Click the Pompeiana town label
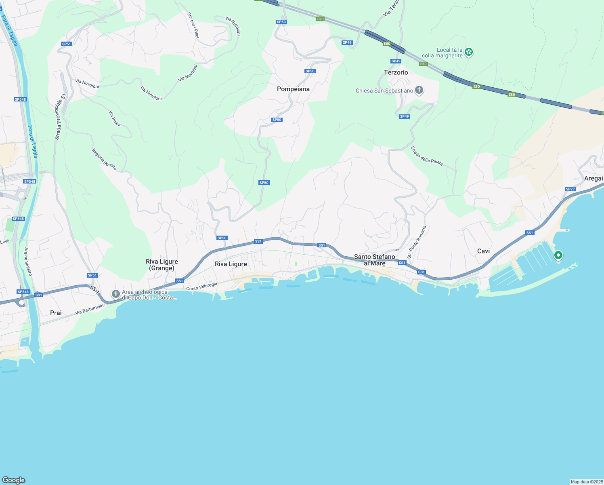(293, 89)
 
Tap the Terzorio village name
(396, 72)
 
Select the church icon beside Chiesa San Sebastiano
(419, 90)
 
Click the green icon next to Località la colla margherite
(468, 52)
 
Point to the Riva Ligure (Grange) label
(161, 265)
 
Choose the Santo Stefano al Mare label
(374, 260)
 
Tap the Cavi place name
(483, 251)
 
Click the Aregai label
(593, 178)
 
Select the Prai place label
(56, 313)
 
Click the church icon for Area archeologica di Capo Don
(116, 294)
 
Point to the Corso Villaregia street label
(202, 286)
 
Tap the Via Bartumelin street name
(89, 309)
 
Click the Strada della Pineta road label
(427, 156)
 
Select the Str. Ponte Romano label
(417, 242)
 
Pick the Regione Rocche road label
(104, 159)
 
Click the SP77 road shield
(570, 189)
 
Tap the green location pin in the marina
(558, 255)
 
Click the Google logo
(14, 480)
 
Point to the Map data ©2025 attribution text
(586, 482)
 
